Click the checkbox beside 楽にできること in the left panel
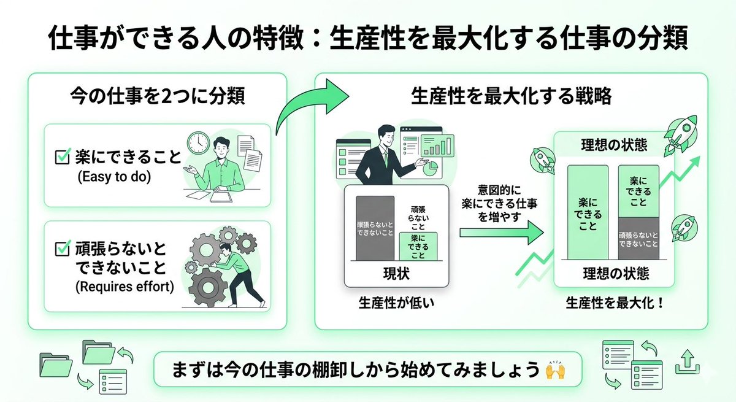63,158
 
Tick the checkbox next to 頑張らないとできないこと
63,249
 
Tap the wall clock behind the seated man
199,142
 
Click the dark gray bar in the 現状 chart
375,228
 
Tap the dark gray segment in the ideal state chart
638,238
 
